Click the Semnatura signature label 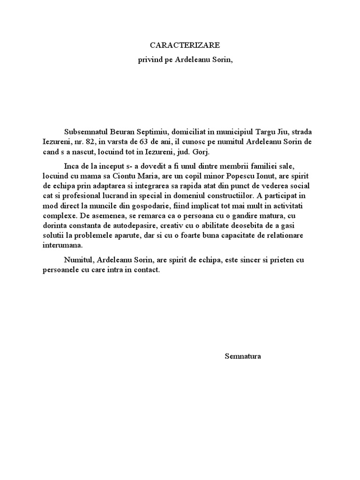pos(243,356)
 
